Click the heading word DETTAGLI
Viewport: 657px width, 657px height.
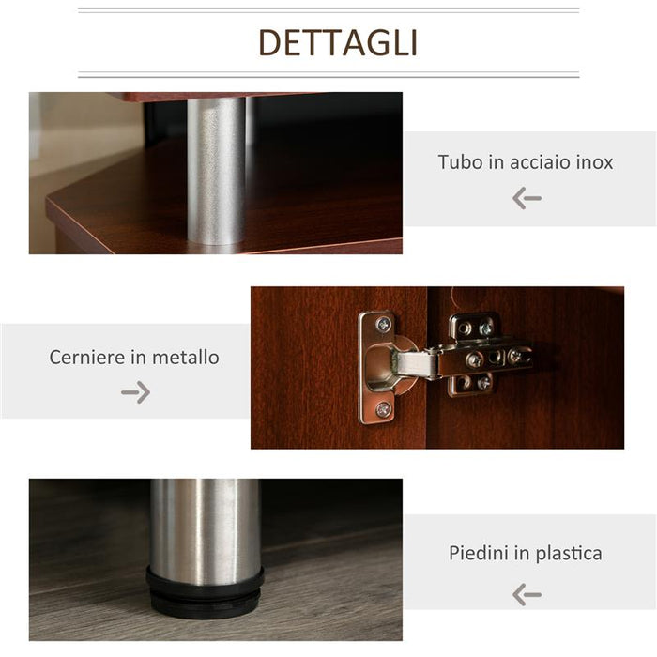[338, 43]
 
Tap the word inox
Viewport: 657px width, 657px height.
[595, 161]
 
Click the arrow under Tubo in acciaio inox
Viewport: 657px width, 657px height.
[527, 198]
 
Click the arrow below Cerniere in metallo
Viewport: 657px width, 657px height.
[135, 392]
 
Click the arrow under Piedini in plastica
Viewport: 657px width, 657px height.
[527, 594]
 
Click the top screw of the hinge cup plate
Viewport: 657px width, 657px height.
[383, 325]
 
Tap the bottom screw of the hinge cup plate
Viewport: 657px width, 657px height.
[383, 409]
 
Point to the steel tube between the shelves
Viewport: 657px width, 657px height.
[216, 169]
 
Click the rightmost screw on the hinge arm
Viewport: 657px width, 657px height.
[515, 356]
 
